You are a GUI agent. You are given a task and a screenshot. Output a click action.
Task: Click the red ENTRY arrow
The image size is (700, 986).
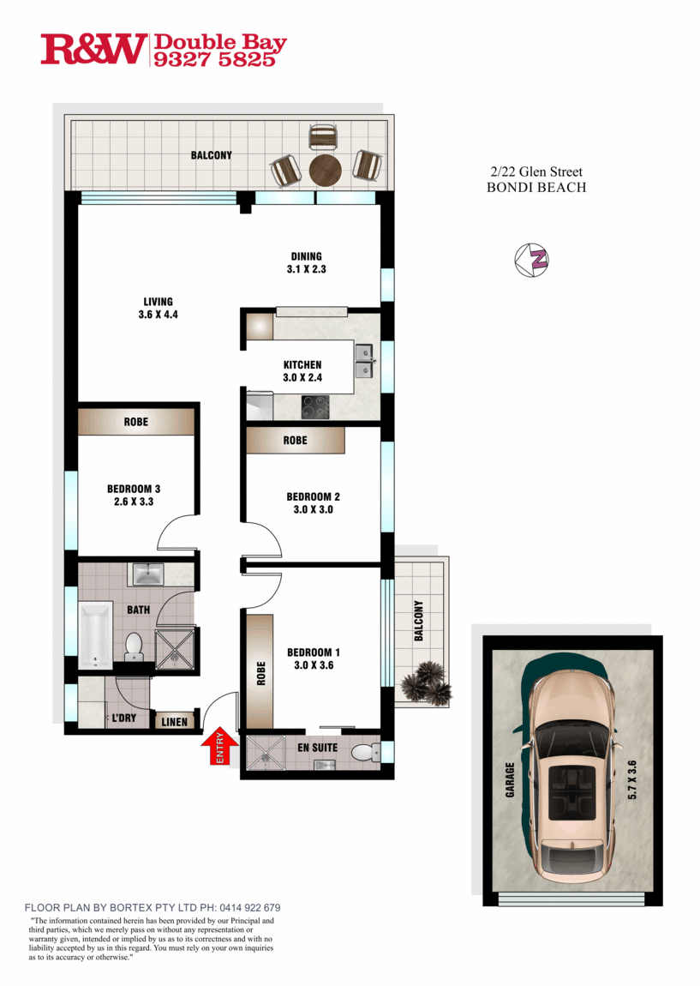point(219,746)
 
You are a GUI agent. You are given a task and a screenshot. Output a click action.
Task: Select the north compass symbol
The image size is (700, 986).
point(531,259)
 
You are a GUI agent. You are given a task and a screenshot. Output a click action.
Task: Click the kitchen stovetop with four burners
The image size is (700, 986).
point(315,407)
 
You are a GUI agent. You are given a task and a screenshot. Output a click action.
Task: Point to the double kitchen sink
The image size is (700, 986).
point(364,361)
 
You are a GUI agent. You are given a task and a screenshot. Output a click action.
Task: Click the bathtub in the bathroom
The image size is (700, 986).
point(95,634)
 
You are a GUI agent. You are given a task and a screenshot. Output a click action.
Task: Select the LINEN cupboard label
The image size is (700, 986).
point(174,722)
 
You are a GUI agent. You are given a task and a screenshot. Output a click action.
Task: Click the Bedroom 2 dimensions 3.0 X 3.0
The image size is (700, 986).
point(313,509)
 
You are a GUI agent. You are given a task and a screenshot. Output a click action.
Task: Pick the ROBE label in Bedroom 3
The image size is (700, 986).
point(135,422)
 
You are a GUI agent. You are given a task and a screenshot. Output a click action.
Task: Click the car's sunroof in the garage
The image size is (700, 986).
point(572,791)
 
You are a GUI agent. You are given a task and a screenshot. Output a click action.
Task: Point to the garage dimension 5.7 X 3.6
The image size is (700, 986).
point(632,779)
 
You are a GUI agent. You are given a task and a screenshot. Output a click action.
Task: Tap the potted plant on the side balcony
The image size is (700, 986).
point(427,682)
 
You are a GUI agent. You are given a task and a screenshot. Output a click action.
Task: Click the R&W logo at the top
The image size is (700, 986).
point(93,49)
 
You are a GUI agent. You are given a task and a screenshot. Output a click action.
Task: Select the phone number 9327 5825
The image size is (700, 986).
point(215,59)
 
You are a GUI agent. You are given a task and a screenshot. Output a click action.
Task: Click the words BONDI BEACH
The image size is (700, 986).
point(536,188)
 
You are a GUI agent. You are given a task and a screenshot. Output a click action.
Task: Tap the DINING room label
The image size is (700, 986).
point(306,256)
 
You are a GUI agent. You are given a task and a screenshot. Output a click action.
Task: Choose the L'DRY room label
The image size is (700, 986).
point(123,718)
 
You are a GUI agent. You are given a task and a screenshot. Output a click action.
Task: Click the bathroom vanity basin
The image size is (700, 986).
point(147,574)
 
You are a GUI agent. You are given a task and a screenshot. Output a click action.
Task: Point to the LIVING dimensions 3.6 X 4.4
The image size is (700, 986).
point(159,315)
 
